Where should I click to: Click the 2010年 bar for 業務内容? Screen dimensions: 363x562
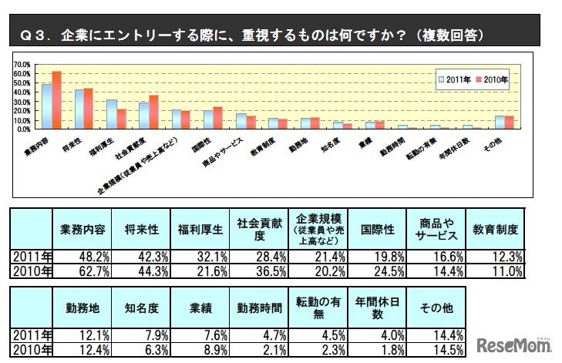pos(56,100)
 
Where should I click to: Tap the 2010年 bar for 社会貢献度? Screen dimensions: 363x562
pos(153,113)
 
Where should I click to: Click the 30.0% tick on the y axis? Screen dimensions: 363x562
pos(21,102)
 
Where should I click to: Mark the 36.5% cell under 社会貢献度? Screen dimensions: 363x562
pos(260,271)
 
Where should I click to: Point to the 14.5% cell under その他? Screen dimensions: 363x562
pos(437,349)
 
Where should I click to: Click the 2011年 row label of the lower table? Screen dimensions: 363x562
pos(32,335)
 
